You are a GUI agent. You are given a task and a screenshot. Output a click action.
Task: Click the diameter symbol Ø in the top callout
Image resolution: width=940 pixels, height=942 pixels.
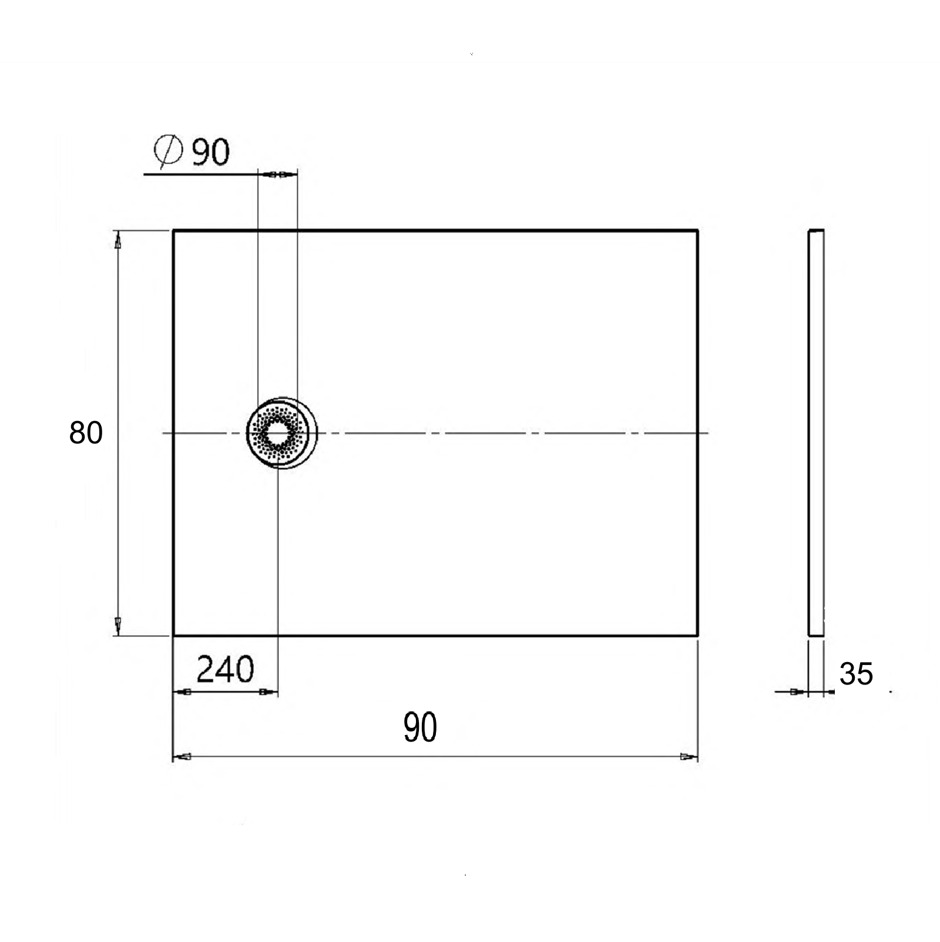click(x=167, y=151)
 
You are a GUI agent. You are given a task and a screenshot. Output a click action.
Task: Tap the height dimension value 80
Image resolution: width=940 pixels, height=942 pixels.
click(x=86, y=433)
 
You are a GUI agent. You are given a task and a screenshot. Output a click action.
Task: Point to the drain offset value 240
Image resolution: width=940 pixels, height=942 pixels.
click(x=225, y=669)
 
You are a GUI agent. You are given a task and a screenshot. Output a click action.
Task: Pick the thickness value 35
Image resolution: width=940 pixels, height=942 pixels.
click(x=856, y=674)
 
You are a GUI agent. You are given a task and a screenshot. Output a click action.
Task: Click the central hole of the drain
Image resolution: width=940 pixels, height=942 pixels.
click(x=276, y=433)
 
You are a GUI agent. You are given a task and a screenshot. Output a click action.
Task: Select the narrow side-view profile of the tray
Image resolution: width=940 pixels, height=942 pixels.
click(x=816, y=433)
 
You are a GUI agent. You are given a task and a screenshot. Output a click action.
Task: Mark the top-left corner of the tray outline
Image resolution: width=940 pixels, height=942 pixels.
click(x=173, y=231)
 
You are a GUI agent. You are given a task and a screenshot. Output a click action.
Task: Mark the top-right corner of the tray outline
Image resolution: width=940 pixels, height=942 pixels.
click(x=697, y=231)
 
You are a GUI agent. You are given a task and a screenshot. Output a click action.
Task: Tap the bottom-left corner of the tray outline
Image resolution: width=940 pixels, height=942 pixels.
click(x=173, y=635)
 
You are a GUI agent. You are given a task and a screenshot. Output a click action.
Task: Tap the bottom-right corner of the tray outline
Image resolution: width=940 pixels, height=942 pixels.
click(x=697, y=635)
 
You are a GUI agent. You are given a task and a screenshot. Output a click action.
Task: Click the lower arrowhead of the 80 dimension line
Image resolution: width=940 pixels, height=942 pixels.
click(x=118, y=626)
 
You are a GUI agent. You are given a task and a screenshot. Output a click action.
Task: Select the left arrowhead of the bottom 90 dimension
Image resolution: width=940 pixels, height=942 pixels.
click(x=183, y=757)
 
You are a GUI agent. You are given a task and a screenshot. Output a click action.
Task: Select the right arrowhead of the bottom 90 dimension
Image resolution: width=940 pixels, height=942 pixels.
click(x=688, y=757)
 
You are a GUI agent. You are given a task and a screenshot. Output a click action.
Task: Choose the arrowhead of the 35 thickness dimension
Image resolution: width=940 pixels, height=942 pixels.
click(x=797, y=692)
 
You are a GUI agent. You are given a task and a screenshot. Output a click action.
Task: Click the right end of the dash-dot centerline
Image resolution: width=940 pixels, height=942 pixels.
click(x=707, y=433)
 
